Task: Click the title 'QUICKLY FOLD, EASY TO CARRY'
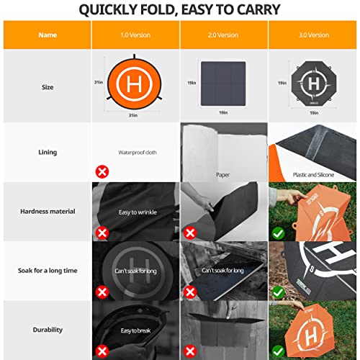180,9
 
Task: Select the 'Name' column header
47,35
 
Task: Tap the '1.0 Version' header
135,35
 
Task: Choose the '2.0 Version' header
223,35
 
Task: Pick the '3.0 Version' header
313,35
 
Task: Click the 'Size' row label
47,88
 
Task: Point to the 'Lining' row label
47,153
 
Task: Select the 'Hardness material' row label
47,211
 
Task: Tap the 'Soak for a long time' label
47,270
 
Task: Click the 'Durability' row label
47,330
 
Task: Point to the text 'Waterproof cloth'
137,153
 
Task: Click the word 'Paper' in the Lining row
222,174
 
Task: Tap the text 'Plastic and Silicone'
315,174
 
